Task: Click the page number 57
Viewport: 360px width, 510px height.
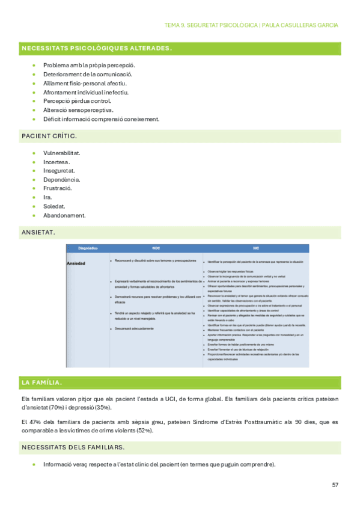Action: (x=335, y=485)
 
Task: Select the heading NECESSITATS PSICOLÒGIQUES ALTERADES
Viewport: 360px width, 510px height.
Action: (x=96, y=48)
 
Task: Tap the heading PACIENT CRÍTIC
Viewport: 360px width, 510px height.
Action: (x=49, y=137)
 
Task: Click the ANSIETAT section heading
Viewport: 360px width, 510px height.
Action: (x=38, y=232)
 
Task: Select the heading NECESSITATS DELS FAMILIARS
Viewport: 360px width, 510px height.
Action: (x=73, y=447)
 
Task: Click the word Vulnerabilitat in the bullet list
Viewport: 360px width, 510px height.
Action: (x=62, y=153)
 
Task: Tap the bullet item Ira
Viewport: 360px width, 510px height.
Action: (x=47, y=197)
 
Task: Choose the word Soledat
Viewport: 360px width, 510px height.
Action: (x=54, y=206)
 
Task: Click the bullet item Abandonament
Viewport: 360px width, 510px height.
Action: (x=64, y=215)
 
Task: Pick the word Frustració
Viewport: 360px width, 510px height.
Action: (x=58, y=188)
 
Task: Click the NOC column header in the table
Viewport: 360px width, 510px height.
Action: (x=155, y=248)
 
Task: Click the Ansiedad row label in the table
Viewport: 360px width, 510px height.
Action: (x=76, y=263)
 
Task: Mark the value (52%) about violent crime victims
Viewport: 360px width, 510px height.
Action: (x=142, y=431)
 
